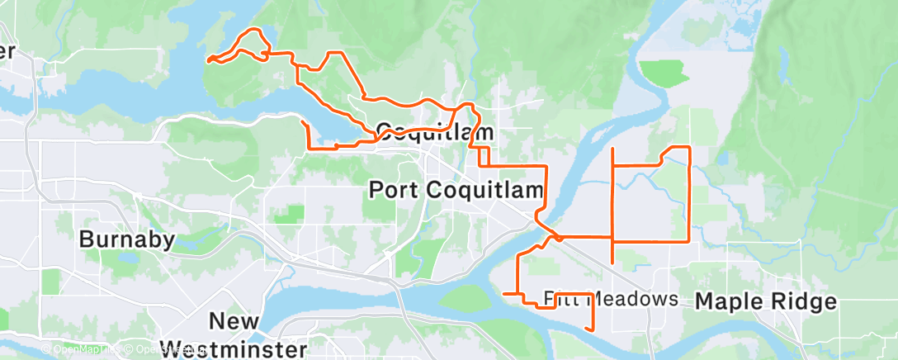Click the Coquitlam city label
(x=435, y=131)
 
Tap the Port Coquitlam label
(x=456, y=189)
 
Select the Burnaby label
(x=127, y=239)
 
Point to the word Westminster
(x=233, y=348)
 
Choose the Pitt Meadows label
(x=611, y=298)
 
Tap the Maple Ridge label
(x=766, y=301)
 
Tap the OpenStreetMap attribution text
(x=162, y=349)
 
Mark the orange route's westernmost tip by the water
(x=208, y=60)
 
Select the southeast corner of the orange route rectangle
(x=689, y=240)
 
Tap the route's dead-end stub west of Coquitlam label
(x=304, y=122)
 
